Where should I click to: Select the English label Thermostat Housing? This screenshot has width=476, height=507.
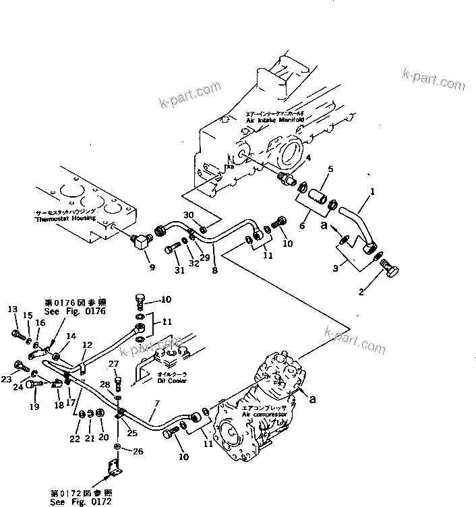click(x=66, y=220)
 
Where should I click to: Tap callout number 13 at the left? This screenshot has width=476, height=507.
click(x=12, y=309)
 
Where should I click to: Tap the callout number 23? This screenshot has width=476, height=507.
click(x=7, y=379)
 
